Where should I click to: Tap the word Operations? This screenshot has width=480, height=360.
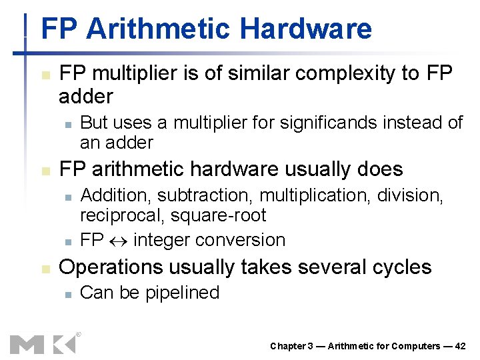tap(111, 267)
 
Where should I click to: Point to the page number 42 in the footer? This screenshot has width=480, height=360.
tap(460, 346)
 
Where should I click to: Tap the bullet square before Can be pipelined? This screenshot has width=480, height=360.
tap(66, 293)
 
